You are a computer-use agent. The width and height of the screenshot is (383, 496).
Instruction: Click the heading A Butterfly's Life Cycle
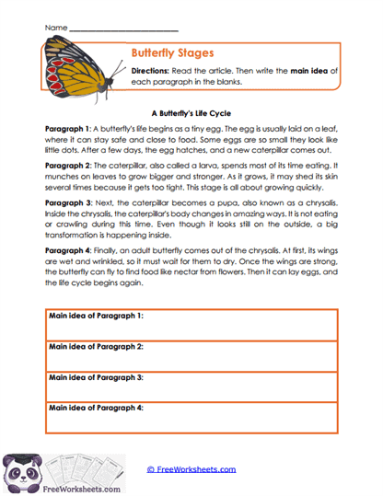pyautogui.click(x=191, y=106)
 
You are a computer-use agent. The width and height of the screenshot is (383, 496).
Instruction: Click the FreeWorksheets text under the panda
pyautogui.click(x=36, y=489)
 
